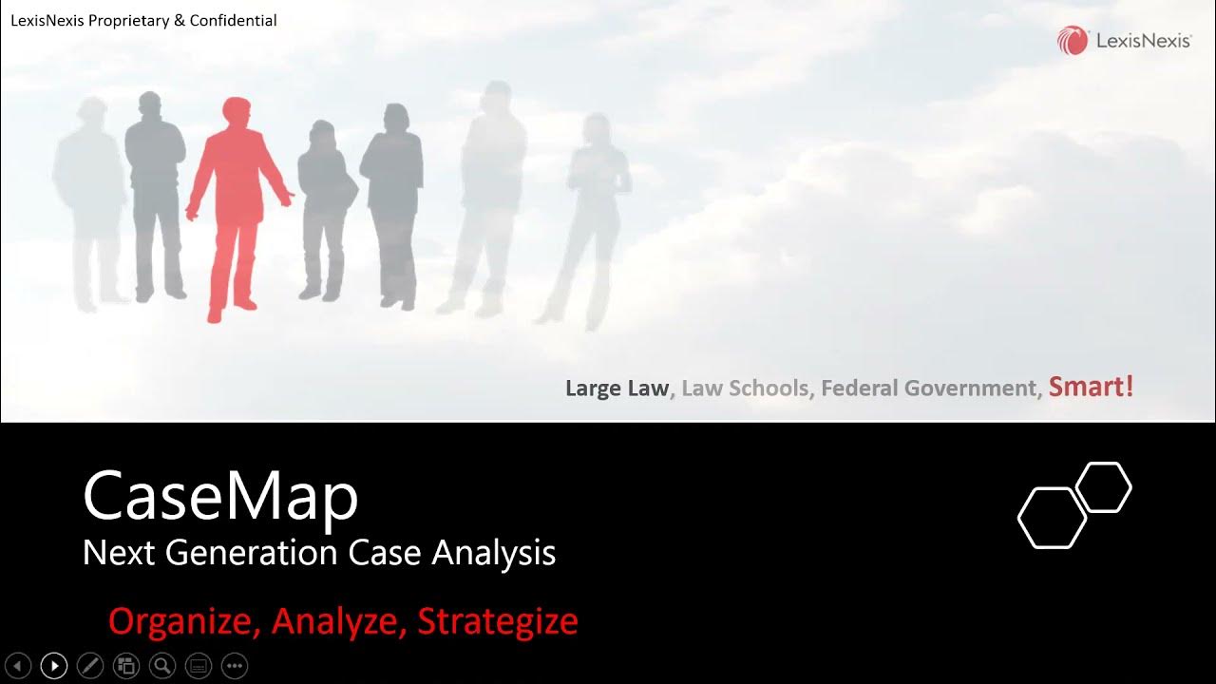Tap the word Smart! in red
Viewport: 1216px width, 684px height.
(x=1091, y=387)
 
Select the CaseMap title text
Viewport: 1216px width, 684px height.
(x=220, y=496)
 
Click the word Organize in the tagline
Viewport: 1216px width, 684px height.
(x=184, y=621)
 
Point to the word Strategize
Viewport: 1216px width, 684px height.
(x=498, y=621)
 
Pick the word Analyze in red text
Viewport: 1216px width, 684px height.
(x=339, y=621)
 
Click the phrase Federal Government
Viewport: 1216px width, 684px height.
(x=927, y=389)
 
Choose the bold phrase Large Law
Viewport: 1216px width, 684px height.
(x=617, y=389)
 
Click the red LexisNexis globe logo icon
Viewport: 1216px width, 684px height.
(x=1073, y=41)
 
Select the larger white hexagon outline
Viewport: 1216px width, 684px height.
(x=1052, y=518)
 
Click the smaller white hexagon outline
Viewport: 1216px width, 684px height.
(x=1104, y=487)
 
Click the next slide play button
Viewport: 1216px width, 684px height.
(x=54, y=666)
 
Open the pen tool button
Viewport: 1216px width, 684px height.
(x=90, y=666)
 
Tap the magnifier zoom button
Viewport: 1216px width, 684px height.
(x=162, y=666)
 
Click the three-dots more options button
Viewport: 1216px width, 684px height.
(x=235, y=666)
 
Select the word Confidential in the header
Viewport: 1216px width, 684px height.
(x=233, y=20)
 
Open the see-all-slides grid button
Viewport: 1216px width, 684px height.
(x=126, y=666)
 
